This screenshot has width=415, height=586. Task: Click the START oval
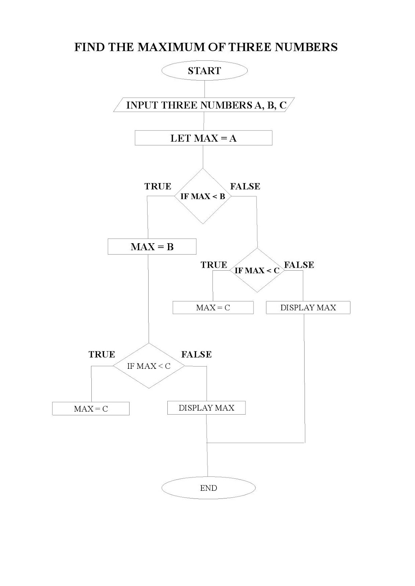tap(204, 71)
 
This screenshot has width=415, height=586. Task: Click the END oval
tap(208, 488)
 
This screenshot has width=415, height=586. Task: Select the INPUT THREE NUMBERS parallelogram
tap(204, 105)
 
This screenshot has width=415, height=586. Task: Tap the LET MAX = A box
tap(203, 138)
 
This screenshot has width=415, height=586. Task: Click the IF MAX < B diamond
tap(203, 196)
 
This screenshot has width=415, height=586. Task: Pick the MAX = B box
tap(152, 247)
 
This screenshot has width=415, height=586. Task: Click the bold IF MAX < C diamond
tap(257, 270)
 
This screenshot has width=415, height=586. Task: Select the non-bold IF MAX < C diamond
tap(149, 366)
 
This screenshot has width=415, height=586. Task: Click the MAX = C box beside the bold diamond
tap(213, 308)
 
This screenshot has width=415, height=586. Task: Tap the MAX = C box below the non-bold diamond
tap(91, 409)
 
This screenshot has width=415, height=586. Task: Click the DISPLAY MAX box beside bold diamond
tap(308, 308)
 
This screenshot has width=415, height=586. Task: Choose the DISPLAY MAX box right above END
tap(206, 408)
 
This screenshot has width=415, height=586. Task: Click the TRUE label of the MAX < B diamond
tap(158, 186)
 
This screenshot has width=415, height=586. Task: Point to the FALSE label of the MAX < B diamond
tap(245, 186)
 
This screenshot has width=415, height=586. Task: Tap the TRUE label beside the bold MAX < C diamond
tap(214, 265)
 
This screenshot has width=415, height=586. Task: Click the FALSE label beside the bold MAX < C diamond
tap(299, 265)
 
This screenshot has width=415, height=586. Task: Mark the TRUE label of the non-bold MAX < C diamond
tap(102, 355)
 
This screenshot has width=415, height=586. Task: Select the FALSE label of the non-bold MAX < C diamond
tap(196, 355)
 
